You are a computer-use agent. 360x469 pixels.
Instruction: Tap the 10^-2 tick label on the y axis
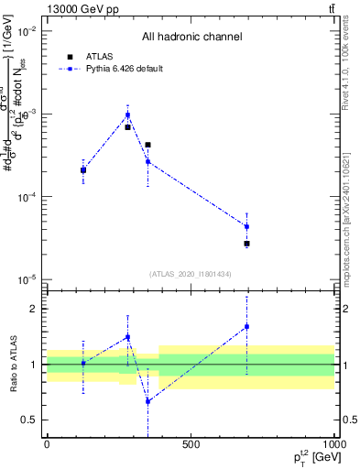[26, 31]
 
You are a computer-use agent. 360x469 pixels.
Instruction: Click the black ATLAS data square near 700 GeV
[246, 244]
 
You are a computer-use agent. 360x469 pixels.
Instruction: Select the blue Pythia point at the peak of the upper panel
[127, 115]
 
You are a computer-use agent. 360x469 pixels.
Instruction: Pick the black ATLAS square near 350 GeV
[147, 145]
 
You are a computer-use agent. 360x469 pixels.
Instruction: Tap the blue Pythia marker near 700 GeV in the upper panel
[246, 226]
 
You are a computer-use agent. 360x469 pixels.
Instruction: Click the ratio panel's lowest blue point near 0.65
[147, 401]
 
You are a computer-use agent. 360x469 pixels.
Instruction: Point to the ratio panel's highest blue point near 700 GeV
[246, 326]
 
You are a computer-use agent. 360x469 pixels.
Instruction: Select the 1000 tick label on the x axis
[333, 444]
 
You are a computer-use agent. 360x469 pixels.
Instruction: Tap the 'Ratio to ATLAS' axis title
[12, 364]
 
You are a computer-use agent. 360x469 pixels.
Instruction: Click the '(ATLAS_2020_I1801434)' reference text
[191, 274]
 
